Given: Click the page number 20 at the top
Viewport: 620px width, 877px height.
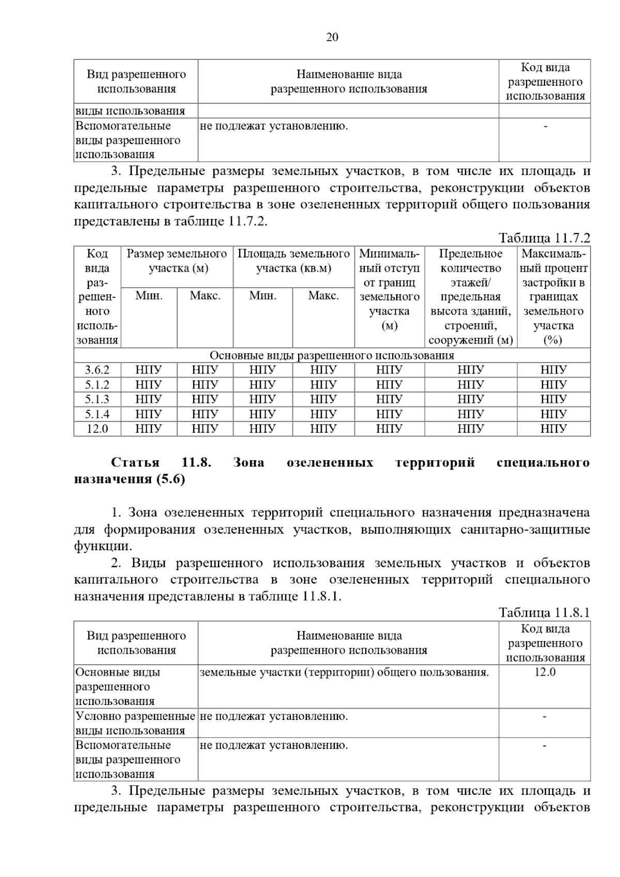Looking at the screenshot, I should click(x=332, y=37).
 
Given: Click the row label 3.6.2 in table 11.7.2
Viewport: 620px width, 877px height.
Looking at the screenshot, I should click(x=97, y=370).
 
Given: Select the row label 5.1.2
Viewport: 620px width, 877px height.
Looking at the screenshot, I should click(x=97, y=385).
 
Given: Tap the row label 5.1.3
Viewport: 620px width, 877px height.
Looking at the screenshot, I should click(x=97, y=399).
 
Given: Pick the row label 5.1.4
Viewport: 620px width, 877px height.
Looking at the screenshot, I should click(x=97, y=414).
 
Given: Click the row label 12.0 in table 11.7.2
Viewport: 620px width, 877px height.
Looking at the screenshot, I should click(x=97, y=429).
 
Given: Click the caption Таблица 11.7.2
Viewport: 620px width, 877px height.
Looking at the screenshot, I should click(x=544, y=238).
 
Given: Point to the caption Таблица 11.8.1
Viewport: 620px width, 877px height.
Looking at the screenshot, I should click(x=544, y=613).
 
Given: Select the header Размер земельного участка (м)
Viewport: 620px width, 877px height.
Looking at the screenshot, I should click(x=177, y=261).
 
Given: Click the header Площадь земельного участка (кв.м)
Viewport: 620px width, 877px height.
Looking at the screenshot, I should click(x=293, y=261).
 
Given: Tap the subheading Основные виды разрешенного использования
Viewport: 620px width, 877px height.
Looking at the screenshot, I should click(x=332, y=355).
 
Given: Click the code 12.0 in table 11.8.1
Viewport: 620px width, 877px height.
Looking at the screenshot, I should click(x=545, y=672).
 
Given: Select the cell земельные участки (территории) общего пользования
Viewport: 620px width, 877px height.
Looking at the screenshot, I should click(x=344, y=672).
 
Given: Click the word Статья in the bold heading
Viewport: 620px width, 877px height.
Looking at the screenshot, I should click(x=135, y=462).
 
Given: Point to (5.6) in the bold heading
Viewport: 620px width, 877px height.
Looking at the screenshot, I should click(x=169, y=479).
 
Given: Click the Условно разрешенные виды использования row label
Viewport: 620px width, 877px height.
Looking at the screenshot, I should click(x=135, y=723).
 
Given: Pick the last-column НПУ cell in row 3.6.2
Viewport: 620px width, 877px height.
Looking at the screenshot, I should click(x=553, y=370).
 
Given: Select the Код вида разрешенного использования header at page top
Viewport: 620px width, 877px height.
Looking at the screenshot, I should click(x=545, y=82).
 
